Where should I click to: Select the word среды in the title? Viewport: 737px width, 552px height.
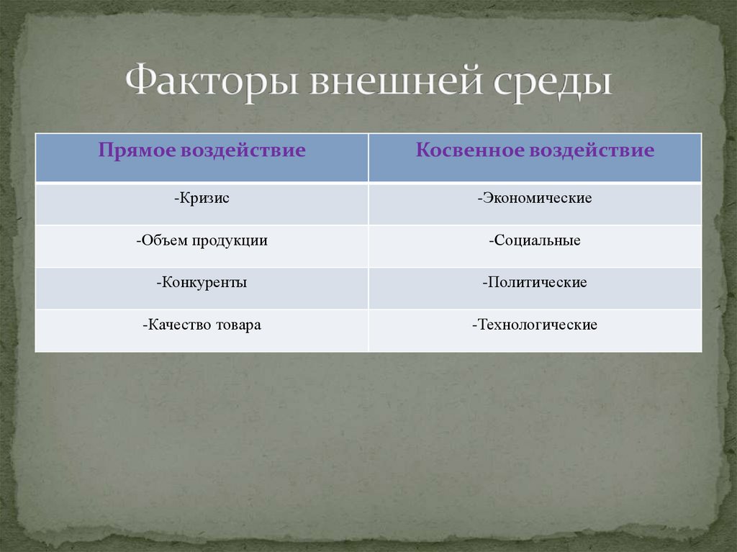click(x=553, y=83)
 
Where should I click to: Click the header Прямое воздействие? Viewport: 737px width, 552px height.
click(x=202, y=150)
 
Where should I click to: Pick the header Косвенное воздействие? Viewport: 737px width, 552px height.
click(x=535, y=150)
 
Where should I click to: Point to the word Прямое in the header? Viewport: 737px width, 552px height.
click(x=136, y=150)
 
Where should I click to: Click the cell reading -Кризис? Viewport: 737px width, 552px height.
click(x=202, y=198)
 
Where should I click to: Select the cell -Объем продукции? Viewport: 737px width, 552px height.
click(x=202, y=240)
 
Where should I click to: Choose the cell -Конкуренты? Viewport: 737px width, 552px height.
click(x=202, y=283)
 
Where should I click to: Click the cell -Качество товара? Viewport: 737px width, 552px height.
click(x=202, y=325)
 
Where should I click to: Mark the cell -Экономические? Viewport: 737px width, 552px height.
click(x=535, y=198)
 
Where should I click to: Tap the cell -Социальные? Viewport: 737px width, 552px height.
click(x=535, y=240)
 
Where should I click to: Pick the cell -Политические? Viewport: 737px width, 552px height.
click(x=535, y=283)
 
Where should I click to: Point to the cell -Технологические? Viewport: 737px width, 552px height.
click(x=535, y=325)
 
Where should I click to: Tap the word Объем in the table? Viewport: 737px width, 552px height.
click(x=164, y=240)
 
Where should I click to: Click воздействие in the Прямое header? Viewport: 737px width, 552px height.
click(x=243, y=150)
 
